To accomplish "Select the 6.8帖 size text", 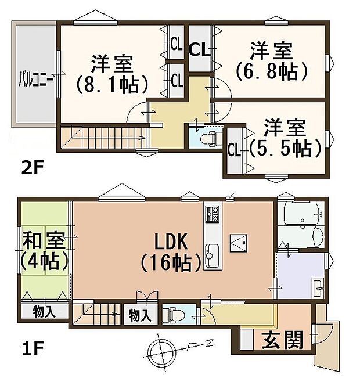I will coord(271,71).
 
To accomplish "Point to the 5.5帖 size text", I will coord(286,149).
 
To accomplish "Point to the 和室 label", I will coord(44,239).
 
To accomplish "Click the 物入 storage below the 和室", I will coord(44,311).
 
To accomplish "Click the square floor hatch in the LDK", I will coord(239,241).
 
